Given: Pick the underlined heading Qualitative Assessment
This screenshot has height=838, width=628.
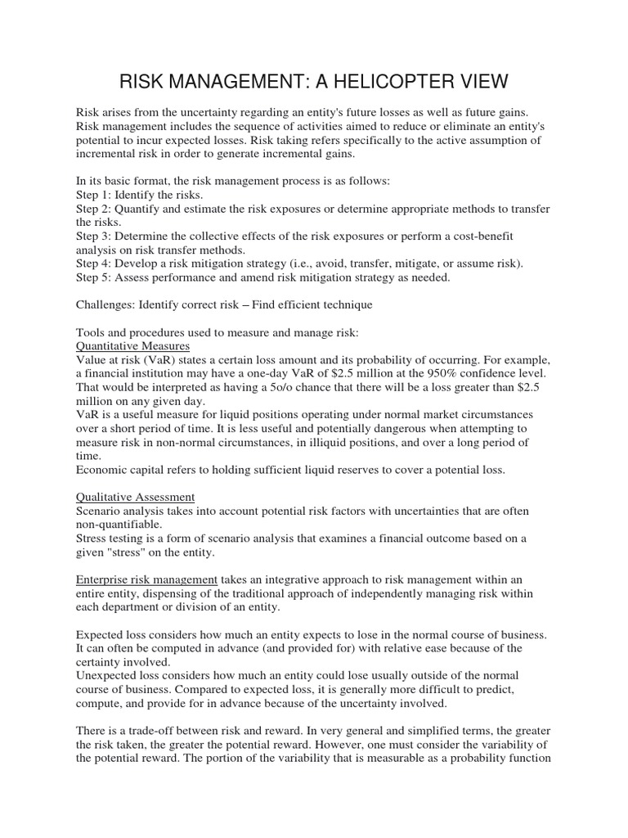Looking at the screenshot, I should [x=135, y=496].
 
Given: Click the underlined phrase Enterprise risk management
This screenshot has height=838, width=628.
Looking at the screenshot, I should [x=146, y=579].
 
